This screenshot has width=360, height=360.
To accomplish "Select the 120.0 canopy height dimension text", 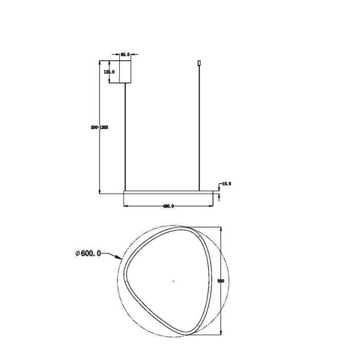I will [x=109, y=73].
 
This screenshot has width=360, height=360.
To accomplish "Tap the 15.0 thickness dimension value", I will [x=227, y=183].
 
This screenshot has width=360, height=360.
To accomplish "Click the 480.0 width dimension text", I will [x=168, y=206].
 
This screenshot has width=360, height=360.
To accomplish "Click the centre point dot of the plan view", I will [x=173, y=281].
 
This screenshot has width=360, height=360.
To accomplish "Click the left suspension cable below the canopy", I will [x=127, y=134].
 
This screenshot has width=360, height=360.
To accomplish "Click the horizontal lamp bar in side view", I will [x=168, y=192].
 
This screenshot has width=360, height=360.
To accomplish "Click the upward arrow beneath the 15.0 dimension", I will [x=220, y=196].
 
